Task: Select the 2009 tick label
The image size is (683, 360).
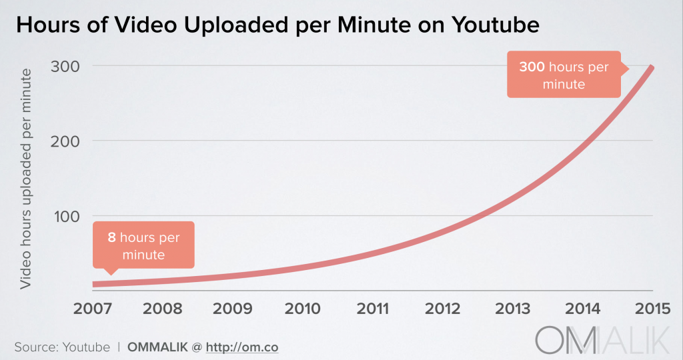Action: pos(233,309)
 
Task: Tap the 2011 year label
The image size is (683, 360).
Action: pos(373,309)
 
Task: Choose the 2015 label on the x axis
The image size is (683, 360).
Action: pos(652,309)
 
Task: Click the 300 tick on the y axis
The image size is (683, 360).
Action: pos(64,66)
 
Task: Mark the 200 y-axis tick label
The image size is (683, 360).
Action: pos(64,141)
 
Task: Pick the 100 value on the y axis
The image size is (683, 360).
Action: pos(64,216)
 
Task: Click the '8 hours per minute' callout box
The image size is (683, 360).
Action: pos(143,245)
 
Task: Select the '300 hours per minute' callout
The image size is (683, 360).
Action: pos(564,75)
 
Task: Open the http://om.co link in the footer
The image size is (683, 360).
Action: pos(242,347)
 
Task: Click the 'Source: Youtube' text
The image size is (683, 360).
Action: pos(62,347)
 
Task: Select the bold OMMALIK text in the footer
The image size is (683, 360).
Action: pos(160,347)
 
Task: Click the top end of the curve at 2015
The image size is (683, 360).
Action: pos(652,67)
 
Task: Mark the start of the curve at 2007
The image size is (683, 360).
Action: pos(95,284)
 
